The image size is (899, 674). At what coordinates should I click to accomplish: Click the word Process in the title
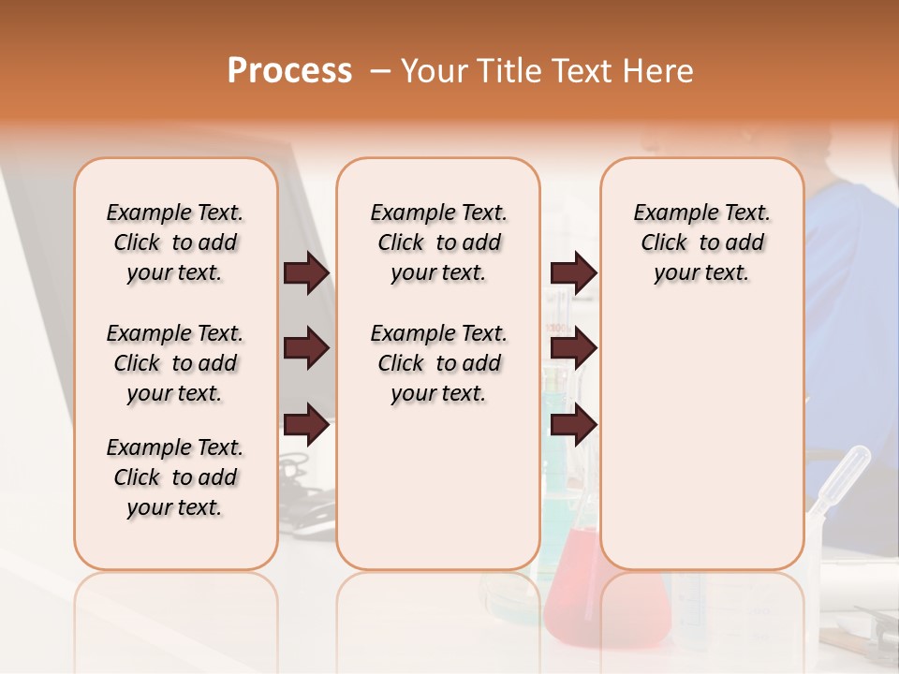(289, 71)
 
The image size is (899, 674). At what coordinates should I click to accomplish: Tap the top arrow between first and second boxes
(306, 272)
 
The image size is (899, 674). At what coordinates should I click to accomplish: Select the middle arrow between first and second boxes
(306, 349)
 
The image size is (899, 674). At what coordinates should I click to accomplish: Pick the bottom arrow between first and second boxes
(306, 426)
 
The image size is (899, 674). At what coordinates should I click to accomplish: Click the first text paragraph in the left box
(175, 242)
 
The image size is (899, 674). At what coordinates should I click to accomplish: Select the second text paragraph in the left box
(175, 363)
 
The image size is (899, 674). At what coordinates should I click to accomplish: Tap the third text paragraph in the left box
(175, 477)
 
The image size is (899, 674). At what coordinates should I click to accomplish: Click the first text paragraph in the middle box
(438, 242)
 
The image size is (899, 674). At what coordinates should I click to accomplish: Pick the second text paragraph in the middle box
(438, 363)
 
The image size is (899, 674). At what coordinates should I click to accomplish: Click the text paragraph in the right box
(701, 242)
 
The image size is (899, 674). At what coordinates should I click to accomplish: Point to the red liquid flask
(571, 599)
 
